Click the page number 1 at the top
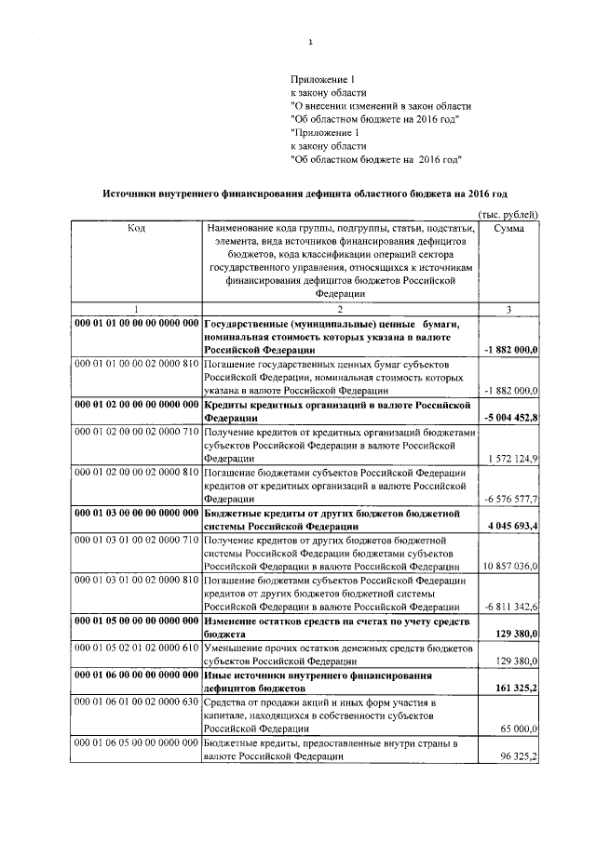[x=310, y=41]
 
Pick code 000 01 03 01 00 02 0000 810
[x=137, y=580]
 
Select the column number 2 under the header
[x=340, y=309]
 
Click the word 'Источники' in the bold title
[x=133, y=194]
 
